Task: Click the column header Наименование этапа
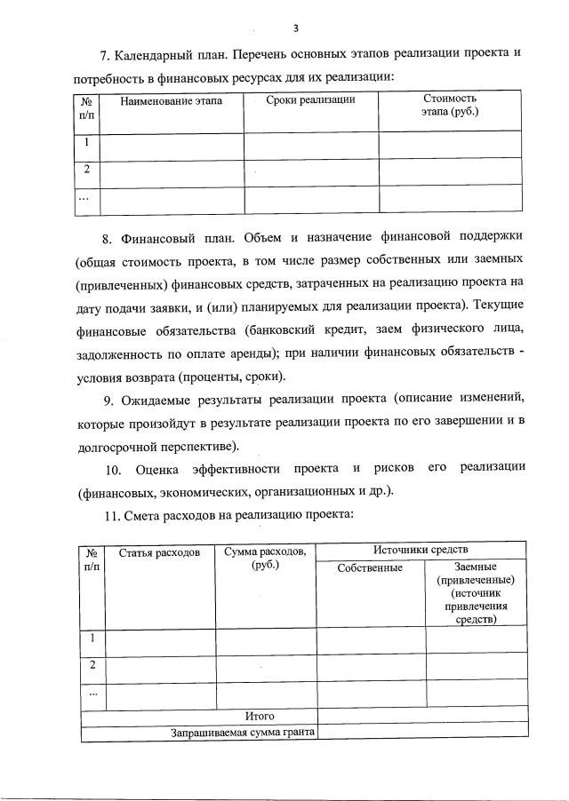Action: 171,100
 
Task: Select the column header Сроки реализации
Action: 310,100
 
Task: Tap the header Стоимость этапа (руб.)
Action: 450,106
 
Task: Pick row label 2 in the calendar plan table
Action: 86,170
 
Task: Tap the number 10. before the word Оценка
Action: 114,468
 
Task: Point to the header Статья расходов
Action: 160,553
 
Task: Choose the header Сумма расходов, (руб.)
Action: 266,559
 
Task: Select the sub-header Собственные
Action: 371,568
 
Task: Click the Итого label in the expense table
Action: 260,716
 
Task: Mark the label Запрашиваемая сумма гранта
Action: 243,733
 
